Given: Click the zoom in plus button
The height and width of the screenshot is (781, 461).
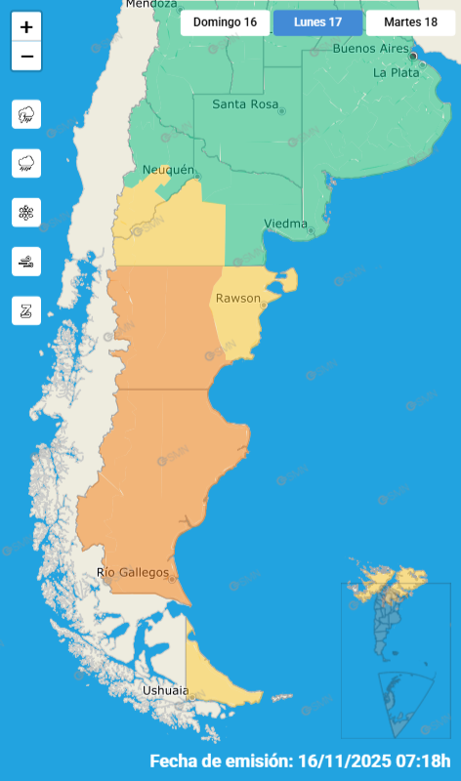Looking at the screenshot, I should click(26, 27).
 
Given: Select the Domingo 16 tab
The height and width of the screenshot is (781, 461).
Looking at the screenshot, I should click(225, 21).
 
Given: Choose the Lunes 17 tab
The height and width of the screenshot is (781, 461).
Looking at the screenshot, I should click(317, 21).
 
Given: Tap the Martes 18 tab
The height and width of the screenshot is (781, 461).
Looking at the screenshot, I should click(410, 21).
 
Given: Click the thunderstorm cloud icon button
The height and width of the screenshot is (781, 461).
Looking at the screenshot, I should click(26, 114).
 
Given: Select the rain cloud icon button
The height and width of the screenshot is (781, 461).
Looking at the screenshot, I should click(26, 163).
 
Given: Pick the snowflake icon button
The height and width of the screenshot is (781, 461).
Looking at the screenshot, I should click(26, 212).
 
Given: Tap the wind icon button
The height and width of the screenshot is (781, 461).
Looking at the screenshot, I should click(26, 261).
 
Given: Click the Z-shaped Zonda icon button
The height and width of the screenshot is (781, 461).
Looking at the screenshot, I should click(26, 309).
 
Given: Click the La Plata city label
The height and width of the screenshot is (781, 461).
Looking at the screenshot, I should click(397, 72).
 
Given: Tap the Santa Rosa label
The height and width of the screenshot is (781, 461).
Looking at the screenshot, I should click(244, 104).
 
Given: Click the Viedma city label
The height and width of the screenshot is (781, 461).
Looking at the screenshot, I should click(285, 224).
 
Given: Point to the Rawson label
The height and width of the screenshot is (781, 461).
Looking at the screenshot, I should click(237, 298).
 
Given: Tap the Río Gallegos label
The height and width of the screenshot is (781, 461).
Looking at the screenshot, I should click(133, 572).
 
